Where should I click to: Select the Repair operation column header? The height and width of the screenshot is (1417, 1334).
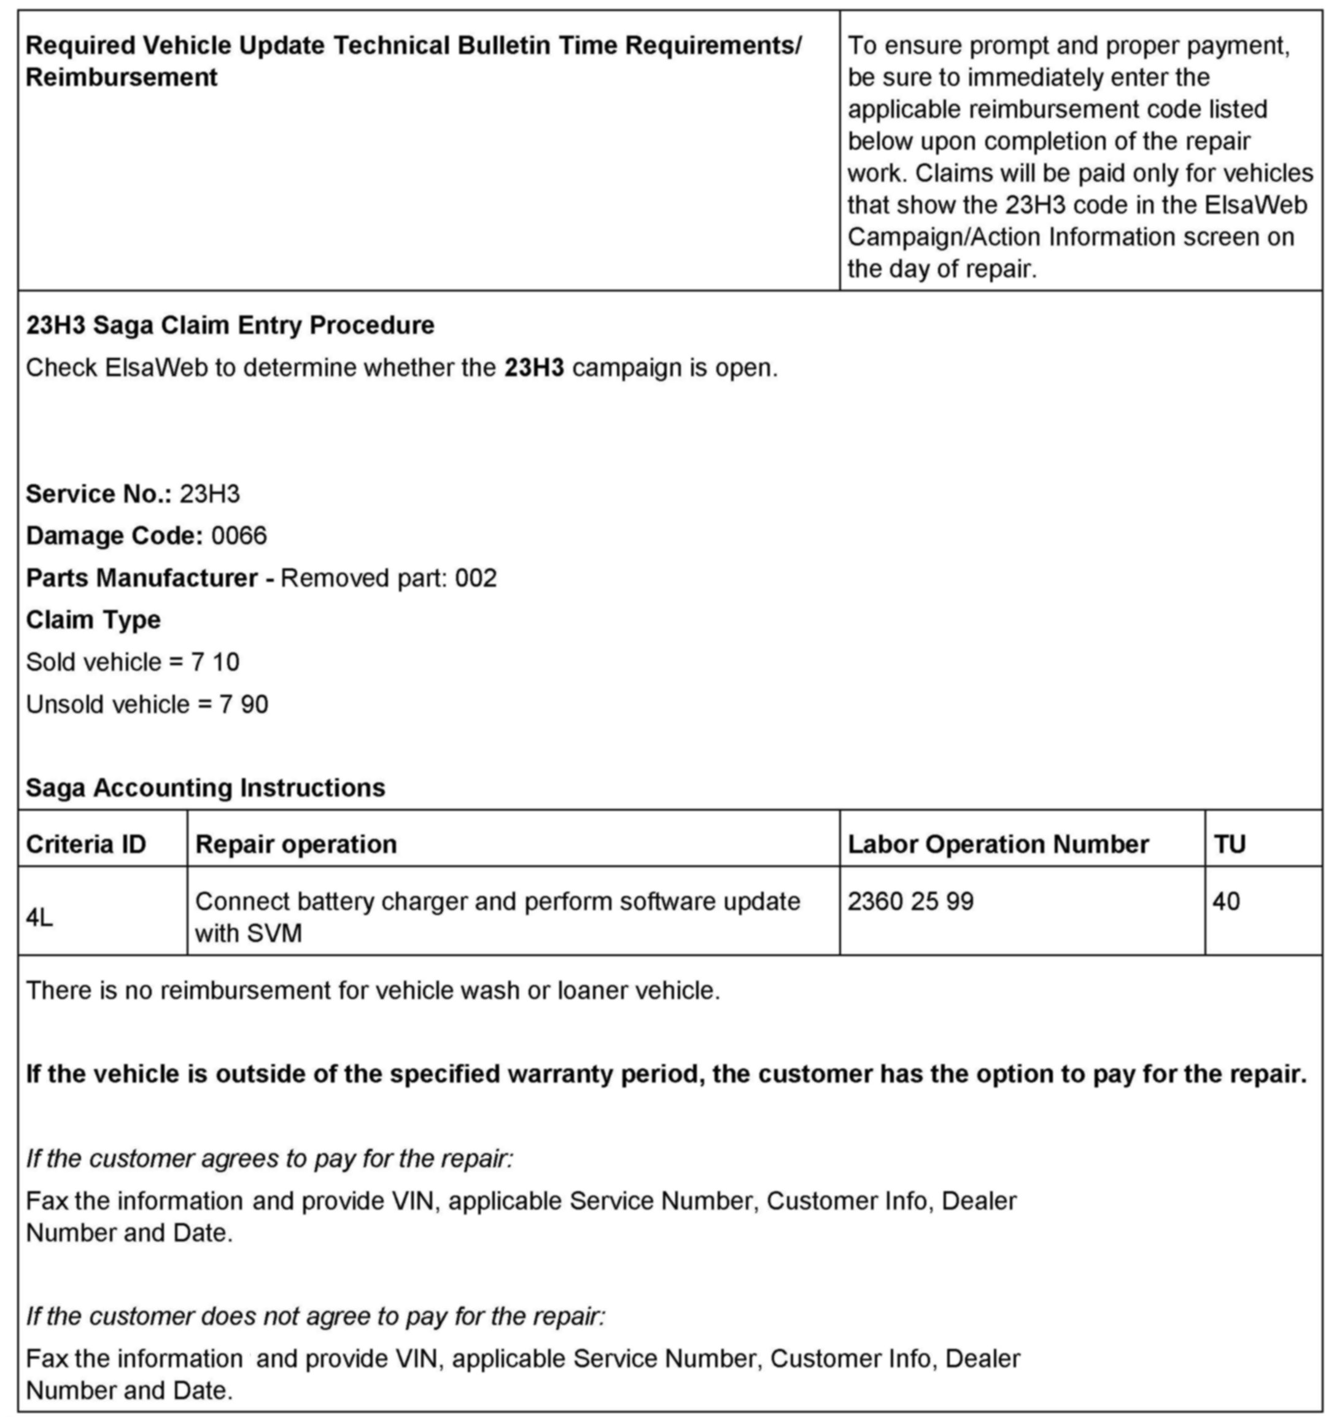point(296,844)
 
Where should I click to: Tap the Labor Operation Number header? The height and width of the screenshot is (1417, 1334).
point(998,844)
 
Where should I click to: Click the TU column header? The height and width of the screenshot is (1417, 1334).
point(1229,844)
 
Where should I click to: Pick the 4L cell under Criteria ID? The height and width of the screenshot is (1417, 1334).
point(39,918)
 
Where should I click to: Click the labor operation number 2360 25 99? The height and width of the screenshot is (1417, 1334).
point(910,902)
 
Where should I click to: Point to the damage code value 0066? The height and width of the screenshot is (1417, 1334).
point(239,536)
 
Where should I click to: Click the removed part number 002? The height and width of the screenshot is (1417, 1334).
point(476,578)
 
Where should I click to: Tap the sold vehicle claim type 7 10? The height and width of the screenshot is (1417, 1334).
point(215,662)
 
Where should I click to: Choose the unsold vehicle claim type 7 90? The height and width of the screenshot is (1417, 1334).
point(244,705)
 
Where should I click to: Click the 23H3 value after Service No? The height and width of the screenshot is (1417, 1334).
point(209,494)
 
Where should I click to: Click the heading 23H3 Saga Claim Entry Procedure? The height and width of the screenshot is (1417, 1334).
point(230,325)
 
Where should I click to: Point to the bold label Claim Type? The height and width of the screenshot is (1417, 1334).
point(93,620)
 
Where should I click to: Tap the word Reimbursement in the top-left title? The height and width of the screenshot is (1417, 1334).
point(121,77)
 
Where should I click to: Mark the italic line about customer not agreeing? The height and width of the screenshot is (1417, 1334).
point(316,1316)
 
